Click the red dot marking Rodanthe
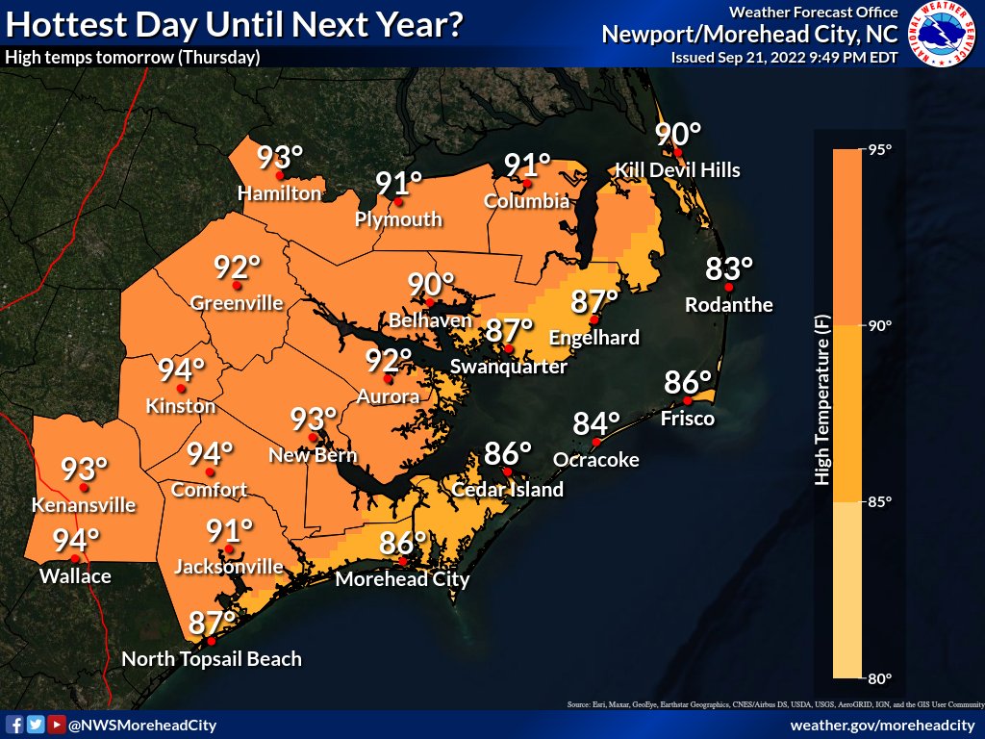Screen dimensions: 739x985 [729, 287]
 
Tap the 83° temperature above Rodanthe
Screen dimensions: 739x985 [729, 268]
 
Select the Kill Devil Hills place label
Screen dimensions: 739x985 [678, 170]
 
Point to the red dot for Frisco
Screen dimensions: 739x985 [687, 401]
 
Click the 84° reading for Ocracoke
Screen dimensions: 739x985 [596, 423]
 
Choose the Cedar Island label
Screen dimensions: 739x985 [509, 490]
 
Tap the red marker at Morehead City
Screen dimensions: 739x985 [403, 561]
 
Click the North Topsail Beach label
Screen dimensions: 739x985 [212, 659]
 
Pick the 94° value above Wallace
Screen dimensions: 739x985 [76, 541]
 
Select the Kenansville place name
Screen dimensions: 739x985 [84, 505]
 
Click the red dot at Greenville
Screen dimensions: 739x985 [237, 286]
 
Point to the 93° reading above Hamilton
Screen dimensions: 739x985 [280, 157]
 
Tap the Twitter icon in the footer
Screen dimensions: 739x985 [36, 725]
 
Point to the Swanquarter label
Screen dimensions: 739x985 [509, 366]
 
